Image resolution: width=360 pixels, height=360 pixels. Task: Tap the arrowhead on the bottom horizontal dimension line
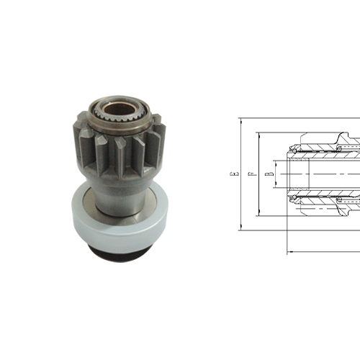[290, 251]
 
